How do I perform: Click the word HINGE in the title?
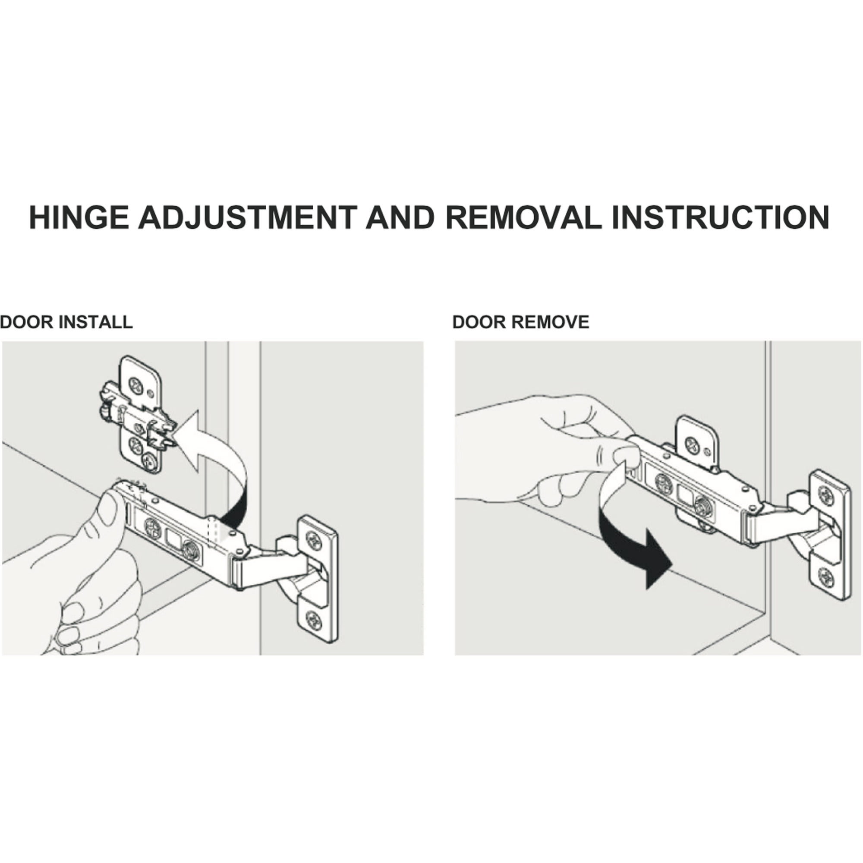tap(79, 217)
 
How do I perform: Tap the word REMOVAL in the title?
tap(523, 217)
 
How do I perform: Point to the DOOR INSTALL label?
tap(66, 322)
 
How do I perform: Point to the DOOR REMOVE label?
tap(521, 322)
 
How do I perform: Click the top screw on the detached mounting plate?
tap(136, 384)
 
